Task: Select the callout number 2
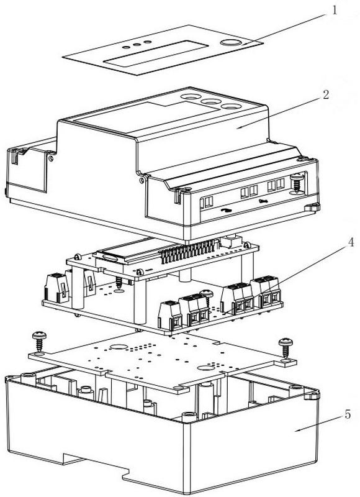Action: (325, 94)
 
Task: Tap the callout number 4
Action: (351, 242)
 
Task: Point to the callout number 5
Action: (348, 414)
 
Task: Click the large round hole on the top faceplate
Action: (231, 42)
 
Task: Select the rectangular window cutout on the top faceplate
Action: (156, 53)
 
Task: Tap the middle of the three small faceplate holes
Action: (137, 44)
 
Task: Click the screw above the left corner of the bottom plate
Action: (39, 341)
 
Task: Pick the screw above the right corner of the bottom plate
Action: (286, 348)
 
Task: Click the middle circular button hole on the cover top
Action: (211, 101)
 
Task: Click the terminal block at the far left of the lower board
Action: (57, 288)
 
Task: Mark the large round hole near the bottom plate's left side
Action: (119, 347)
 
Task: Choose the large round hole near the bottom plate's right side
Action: (207, 368)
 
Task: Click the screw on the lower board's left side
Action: (119, 283)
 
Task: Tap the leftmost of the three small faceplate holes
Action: (126, 47)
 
